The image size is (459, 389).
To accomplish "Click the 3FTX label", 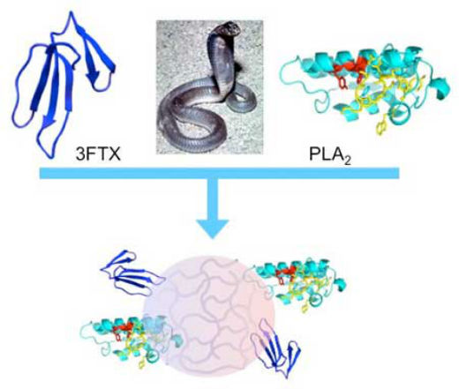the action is pos(98,153).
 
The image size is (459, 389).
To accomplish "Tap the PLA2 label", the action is pos(329,155).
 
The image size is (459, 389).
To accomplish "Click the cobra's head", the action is pos(229,29).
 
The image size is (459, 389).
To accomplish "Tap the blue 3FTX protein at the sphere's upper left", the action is pos(132,273).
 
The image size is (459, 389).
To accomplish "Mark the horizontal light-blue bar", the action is pos(219,173).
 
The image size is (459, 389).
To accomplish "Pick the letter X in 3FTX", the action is pos(115,153).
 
